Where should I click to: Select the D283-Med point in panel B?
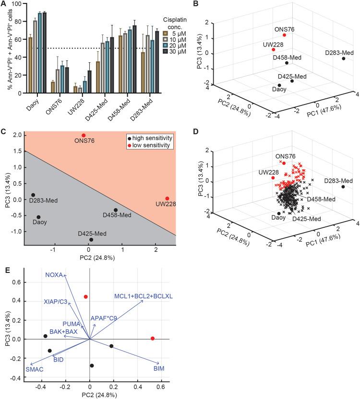(x=344, y=59)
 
